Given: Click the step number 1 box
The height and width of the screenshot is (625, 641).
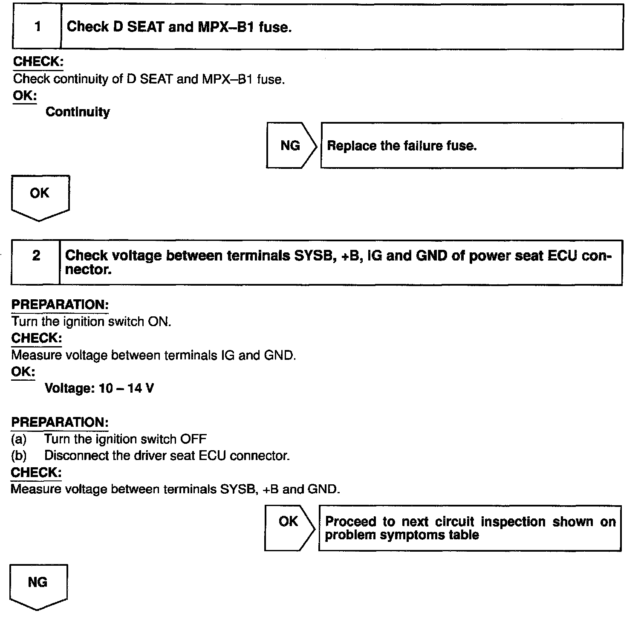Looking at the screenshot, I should coord(37,27).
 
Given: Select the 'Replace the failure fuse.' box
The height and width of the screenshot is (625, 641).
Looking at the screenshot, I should coord(471,145).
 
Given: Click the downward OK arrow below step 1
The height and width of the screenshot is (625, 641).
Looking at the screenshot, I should coord(40,197).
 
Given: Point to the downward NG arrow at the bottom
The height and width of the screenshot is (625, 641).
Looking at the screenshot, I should coord(38,586).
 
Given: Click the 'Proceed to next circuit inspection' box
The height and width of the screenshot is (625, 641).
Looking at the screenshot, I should coord(470,528).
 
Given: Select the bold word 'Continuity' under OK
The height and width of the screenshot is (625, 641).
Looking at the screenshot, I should coord(78,112).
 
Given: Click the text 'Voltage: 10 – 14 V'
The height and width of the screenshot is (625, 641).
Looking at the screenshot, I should coord(99,388).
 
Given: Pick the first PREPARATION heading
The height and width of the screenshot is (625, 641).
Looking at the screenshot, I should coord(60,305).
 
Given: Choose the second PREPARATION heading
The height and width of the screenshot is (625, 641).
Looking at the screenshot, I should coord(60,422).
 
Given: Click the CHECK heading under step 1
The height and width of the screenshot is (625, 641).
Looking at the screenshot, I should coord(38,62).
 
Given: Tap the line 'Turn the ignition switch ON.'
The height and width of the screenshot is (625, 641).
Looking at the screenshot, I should coord(91,321).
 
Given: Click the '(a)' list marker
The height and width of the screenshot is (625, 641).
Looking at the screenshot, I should coord(19,439).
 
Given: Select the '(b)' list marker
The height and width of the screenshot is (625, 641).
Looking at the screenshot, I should coord(19,456).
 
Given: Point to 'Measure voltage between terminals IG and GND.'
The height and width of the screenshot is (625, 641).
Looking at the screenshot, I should coord(153,355).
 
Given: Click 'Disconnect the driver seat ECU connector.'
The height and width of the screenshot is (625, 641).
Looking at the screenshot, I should coord(167,456).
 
